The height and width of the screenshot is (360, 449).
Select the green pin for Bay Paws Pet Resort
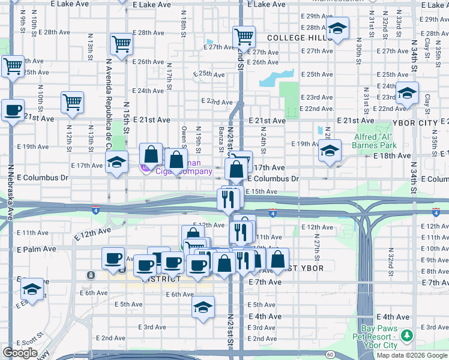tap(408, 334)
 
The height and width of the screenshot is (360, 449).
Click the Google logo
tap(20, 353)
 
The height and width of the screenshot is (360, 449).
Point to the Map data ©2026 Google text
tap(412, 355)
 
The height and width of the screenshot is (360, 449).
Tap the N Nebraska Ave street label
tap(10, 192)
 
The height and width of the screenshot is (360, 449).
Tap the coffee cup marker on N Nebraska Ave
tap(13, 110)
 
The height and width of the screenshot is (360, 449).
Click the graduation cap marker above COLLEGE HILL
tap(337, 28)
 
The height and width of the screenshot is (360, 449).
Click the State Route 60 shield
tap(331, 354)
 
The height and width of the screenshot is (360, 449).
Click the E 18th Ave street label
tap(391, 155)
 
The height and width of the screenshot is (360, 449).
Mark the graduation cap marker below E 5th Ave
tap(203, 308)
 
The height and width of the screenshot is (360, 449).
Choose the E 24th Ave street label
tap(148, 91)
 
